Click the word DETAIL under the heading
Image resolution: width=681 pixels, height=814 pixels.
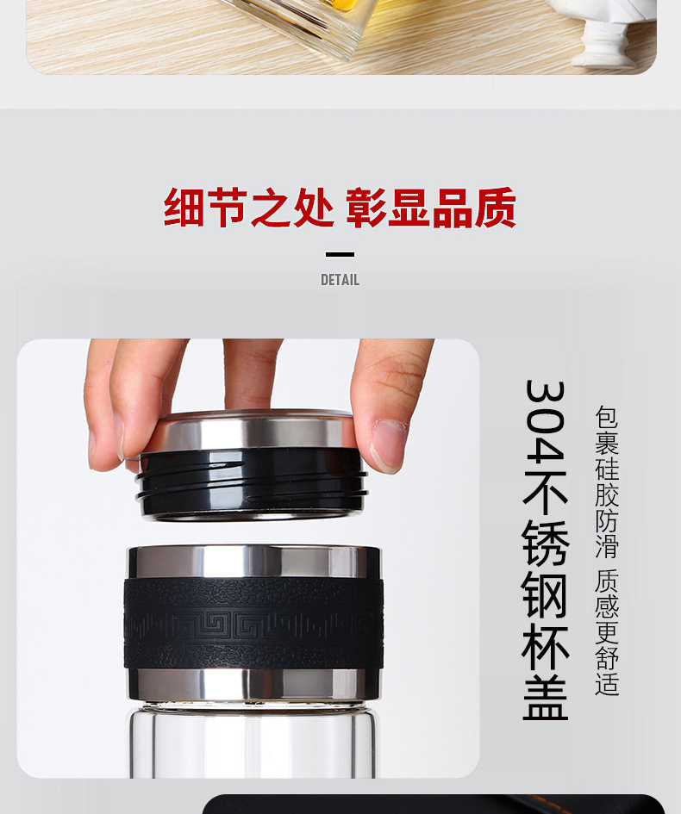(x=340, y=280)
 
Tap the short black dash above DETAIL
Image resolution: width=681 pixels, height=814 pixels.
(x=340, y=254)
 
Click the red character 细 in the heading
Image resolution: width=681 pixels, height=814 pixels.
(x=184, y=207)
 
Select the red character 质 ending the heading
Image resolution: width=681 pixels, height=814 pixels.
(x=496, y=207)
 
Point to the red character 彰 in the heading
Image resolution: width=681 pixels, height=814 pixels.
(x=366, y=207)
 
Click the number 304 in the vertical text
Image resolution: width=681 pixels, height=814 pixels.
(x=545, y=420)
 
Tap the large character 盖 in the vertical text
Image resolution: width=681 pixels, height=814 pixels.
(x=545, y=697)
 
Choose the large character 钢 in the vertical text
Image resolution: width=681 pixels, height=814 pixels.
(x=545, y=594)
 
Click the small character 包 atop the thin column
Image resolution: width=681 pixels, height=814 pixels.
(x=607, y=417)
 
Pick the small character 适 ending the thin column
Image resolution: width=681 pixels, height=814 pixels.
(x=607, y=684)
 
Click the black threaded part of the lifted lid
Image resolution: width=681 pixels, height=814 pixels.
(x=252, y=482)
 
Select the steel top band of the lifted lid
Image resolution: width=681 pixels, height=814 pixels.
(x=249, y=431)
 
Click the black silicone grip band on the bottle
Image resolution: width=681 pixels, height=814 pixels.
(x=253, y=623)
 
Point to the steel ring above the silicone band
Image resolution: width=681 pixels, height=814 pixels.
(x=254, y=561)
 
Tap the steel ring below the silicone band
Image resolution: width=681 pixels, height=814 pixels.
(x=253, y=684)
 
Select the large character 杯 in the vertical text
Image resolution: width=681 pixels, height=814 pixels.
(x=545, y=649)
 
